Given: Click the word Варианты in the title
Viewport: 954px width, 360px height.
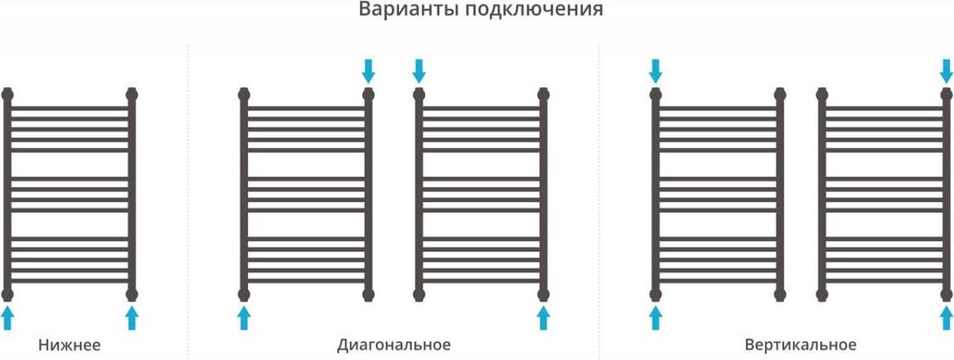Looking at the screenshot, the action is [401, 10].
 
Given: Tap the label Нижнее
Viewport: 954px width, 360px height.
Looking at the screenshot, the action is [70, 346].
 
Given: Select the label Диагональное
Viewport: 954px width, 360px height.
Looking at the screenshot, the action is [394, 346].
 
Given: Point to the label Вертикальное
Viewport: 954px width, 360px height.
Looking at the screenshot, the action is [800, 346].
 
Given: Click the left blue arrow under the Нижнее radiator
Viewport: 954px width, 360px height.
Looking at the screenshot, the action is [8, 318].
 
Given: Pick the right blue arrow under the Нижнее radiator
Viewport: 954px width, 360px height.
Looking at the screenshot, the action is [132, 318].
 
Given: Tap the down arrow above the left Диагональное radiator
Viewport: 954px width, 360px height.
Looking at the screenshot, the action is [368, 71].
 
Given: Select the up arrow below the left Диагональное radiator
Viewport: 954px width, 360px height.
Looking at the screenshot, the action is [244, 318].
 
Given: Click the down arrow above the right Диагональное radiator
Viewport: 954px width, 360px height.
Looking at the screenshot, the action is [418, 71].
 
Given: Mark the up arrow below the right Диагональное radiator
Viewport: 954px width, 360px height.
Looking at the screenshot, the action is [543, 318].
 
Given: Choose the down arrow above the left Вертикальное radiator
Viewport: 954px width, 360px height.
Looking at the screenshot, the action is [655, 71].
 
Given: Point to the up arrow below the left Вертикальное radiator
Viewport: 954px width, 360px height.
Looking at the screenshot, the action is [655, 318].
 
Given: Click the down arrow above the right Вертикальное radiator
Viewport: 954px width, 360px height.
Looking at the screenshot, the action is [946, 71].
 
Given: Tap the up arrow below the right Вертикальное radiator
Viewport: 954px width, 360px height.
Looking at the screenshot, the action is [946, 318].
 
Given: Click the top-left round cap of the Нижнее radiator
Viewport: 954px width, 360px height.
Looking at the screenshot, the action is [8, 94].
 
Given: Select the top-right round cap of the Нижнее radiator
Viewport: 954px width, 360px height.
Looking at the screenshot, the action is [132, 94].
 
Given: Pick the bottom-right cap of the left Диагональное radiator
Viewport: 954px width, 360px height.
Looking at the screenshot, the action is [368, 295].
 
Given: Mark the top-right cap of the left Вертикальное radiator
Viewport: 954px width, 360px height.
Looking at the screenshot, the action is [780, 94].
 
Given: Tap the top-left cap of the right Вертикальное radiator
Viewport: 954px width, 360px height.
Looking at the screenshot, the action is [822, 94].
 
